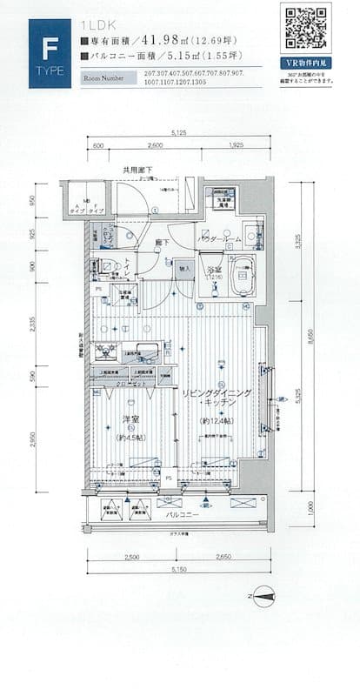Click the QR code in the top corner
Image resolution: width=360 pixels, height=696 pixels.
coord(306,28)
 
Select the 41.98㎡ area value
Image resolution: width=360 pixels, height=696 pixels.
coord(165,40)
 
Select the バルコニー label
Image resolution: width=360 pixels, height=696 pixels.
coord(183,515)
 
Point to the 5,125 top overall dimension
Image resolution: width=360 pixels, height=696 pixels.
coord(178,132)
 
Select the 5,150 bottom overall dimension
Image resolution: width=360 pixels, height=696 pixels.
coord(177,569)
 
